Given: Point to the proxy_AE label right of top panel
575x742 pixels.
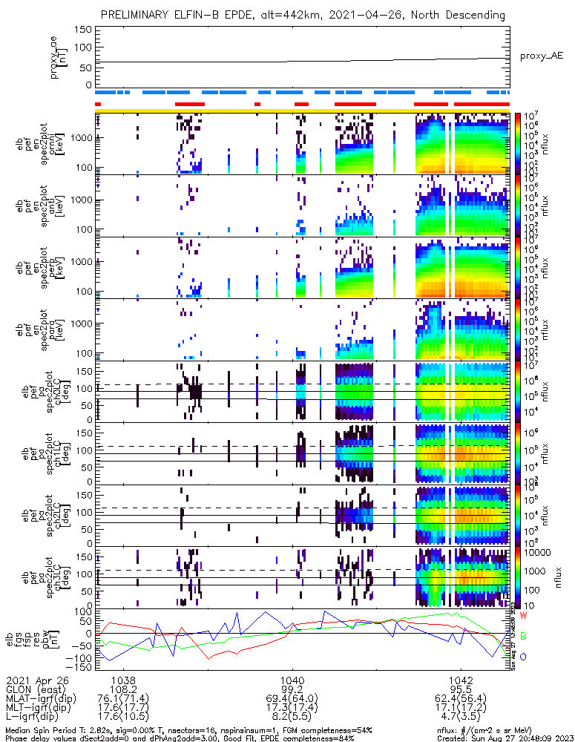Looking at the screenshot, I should [x=542, y=56].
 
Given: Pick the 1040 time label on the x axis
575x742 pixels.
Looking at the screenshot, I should [x=292, y=680].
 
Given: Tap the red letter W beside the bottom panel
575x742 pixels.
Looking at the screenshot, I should [x=523, y=617].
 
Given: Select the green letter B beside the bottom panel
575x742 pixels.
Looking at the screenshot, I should [x=523, y=637].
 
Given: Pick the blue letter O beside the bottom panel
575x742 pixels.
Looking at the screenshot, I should [x=523, y=657].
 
